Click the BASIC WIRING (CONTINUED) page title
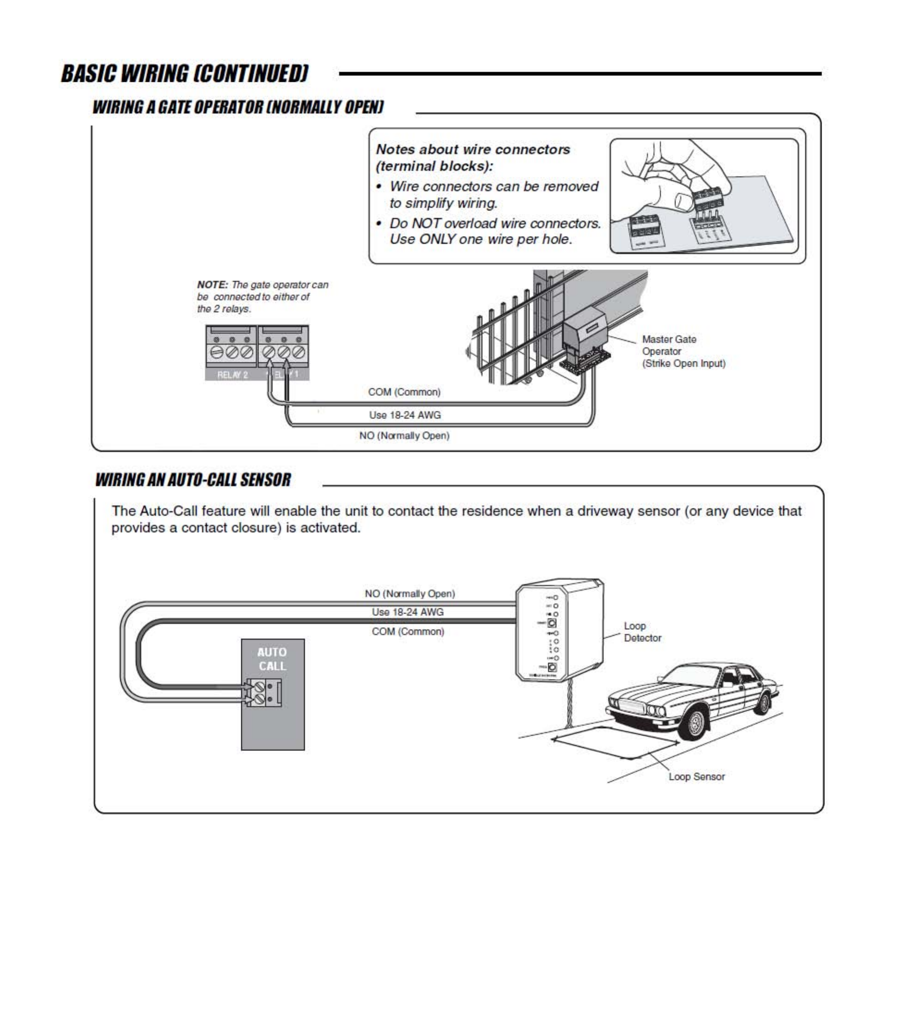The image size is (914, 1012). pyautogui.click(x=184, y=74)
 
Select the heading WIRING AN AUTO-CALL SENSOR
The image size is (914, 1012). pyautogui.click(x=193, y=480)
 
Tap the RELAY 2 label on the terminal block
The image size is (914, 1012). pyautogui.click(x=232, y=375)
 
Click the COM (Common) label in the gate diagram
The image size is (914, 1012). pyautogui.click(x=404, y=392)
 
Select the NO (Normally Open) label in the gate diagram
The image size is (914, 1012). pyautogui.click(x=404, y=436)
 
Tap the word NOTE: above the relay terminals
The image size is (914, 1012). pyautogui.click(x=212, y=285)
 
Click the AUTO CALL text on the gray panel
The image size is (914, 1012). pyautogui.click(x=272, y=659)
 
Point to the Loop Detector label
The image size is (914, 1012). pyautogui.click(x=642, y=632)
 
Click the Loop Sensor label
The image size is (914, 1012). pyautogui.click(x=696, y=777)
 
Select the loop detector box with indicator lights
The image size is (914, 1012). pyautogui.click(x=560, y=630)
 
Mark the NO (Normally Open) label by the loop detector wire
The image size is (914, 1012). pyautogui.click(x=409, y=594)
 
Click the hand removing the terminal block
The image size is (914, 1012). pyautogui.click(x=677, y=171)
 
